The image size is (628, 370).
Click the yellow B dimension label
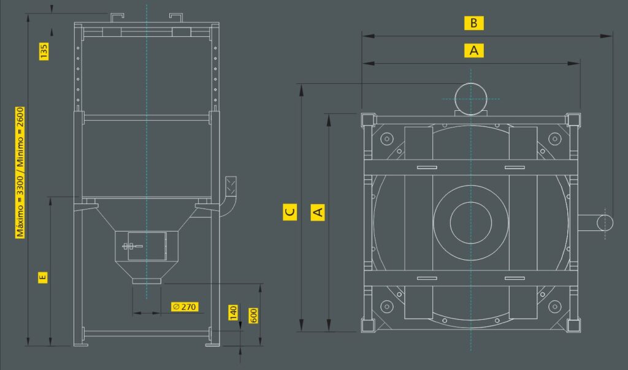[x=474, y=23]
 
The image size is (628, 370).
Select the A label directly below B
[x=474, y=51]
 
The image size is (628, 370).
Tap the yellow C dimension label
[x=290, y=211]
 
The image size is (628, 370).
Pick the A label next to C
[x=318, y=211]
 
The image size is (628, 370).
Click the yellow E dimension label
[x=42, y=277]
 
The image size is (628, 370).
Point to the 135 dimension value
[x=44, y=51]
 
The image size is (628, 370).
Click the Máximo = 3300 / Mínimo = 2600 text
[x=20, y=172]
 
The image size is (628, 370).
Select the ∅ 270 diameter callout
[x=185, y=307]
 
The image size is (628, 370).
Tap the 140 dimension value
[x=233, y=312]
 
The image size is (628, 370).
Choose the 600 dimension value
[x=253, y=315]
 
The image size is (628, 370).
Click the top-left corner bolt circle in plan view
[x=386, y=139]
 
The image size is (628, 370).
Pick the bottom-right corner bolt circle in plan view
[x=554, y=307]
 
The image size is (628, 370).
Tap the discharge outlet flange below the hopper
[x=147, y=281]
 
